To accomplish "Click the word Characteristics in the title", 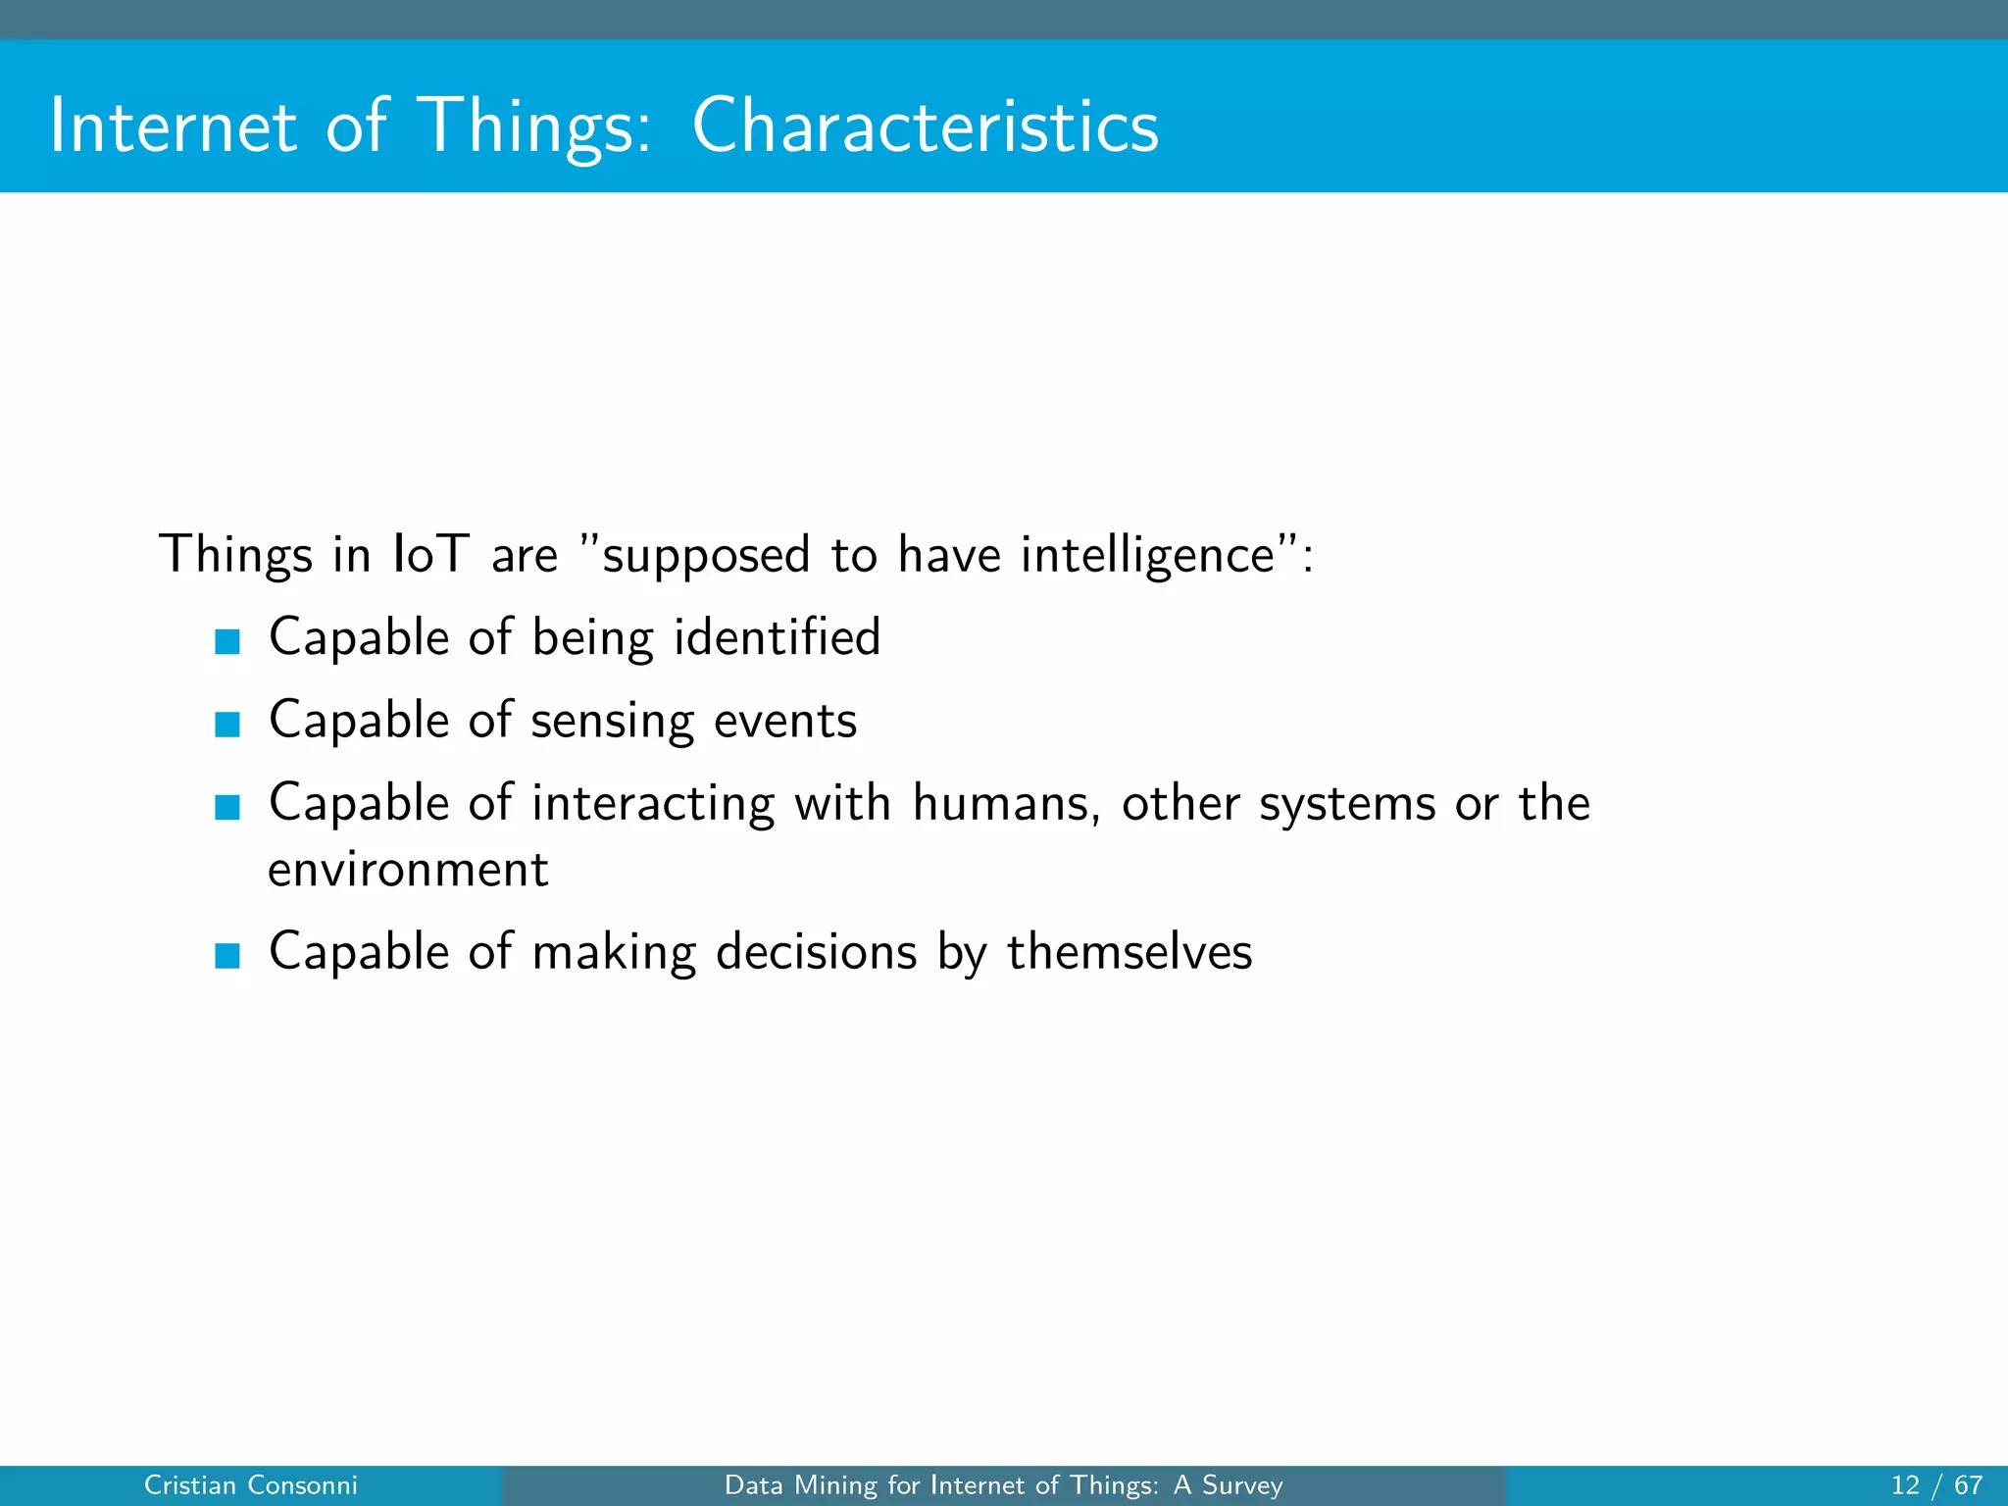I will click(925, 126).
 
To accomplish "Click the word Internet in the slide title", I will click(173, 126).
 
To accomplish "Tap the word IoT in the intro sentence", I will click(430, 554).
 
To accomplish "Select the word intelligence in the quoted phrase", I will click(1147, 556).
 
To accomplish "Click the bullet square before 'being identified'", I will click(227, 641).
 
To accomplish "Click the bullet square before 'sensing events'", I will click(227, 725).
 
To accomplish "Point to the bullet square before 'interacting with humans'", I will click(227, 807).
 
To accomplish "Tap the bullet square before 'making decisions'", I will click(227, 955).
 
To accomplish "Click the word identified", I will click(778, 637).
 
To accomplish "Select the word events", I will click(785, 722).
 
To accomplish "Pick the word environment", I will click(408, 870).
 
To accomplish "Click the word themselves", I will click(1129, 952).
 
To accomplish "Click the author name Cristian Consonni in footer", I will click(251, 1485).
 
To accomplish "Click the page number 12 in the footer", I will click(1905, 1485).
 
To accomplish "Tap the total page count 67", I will click(1968, 1485).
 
